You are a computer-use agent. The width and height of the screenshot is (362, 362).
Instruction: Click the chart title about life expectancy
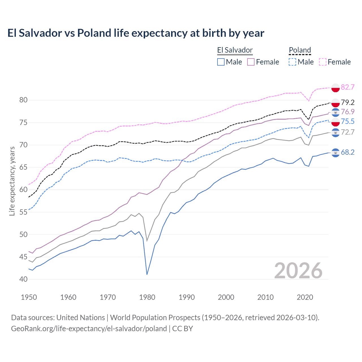click(136, 33)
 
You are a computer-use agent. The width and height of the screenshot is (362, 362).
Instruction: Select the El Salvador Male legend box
click(221, 62)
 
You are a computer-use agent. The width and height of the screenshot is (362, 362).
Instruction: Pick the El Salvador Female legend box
click(251, 62)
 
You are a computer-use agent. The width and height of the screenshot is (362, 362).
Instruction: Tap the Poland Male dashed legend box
click(292, 62)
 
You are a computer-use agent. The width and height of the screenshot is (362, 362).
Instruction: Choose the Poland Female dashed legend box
click(323, 62)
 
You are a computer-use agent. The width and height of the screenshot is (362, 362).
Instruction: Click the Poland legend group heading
click(300, 50)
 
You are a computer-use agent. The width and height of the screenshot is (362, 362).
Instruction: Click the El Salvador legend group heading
click(235, 50)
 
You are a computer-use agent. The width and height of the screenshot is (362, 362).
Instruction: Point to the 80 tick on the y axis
click(23, 100)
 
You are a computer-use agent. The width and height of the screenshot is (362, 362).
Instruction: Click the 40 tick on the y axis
click(23, 279)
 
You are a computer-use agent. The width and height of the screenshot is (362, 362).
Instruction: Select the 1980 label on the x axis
click(147, 297)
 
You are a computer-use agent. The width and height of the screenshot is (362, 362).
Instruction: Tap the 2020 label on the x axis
click(305, 297)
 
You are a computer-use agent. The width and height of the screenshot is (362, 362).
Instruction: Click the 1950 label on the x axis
click(29, 297)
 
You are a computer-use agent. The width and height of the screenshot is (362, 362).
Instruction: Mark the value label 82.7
click(348, 87)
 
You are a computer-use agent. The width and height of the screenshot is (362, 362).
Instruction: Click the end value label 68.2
click(348, 152)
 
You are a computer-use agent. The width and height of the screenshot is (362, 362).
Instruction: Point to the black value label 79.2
click(348, 102)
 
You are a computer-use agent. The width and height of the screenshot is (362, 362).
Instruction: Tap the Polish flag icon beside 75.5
click(335, 122)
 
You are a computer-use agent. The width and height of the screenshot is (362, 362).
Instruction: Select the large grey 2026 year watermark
click(298, 271)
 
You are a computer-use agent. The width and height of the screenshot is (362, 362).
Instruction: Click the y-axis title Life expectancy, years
click(12, 181)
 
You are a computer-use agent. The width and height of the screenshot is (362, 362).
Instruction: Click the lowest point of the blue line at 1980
click(147, 274)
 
